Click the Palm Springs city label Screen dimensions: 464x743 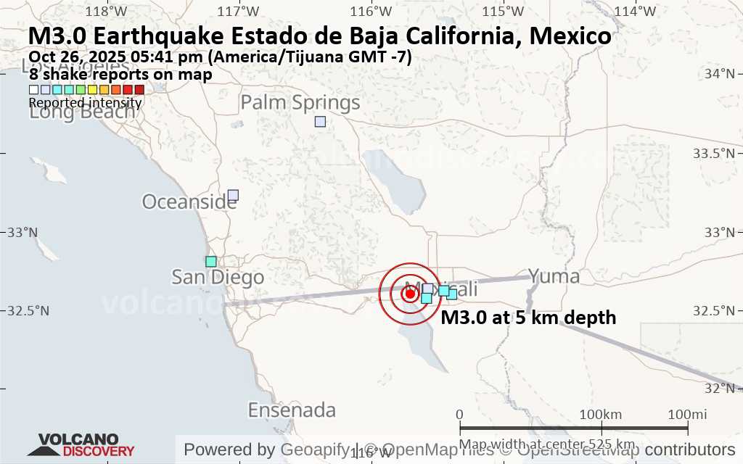click(300, 103)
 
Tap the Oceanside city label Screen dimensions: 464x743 click(189, 202)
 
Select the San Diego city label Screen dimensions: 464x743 click(218, 277)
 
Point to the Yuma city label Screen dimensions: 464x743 click(554, 276)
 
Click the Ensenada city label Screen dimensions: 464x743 click(292, 410)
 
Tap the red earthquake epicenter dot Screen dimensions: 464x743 click(409, 294)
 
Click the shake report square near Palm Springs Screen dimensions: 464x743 click(320, 122)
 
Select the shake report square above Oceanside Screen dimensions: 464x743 click(233, 195)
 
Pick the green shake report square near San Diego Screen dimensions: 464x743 click(211, 261)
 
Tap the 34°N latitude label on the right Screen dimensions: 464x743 click(726, 74)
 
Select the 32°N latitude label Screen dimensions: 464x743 click(726, 389)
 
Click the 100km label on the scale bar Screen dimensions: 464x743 click(601, 414)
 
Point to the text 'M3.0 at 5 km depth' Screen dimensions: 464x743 click(528, 318)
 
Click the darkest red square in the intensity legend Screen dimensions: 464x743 click(139, 90)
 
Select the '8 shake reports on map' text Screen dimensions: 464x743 click(120, 74)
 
